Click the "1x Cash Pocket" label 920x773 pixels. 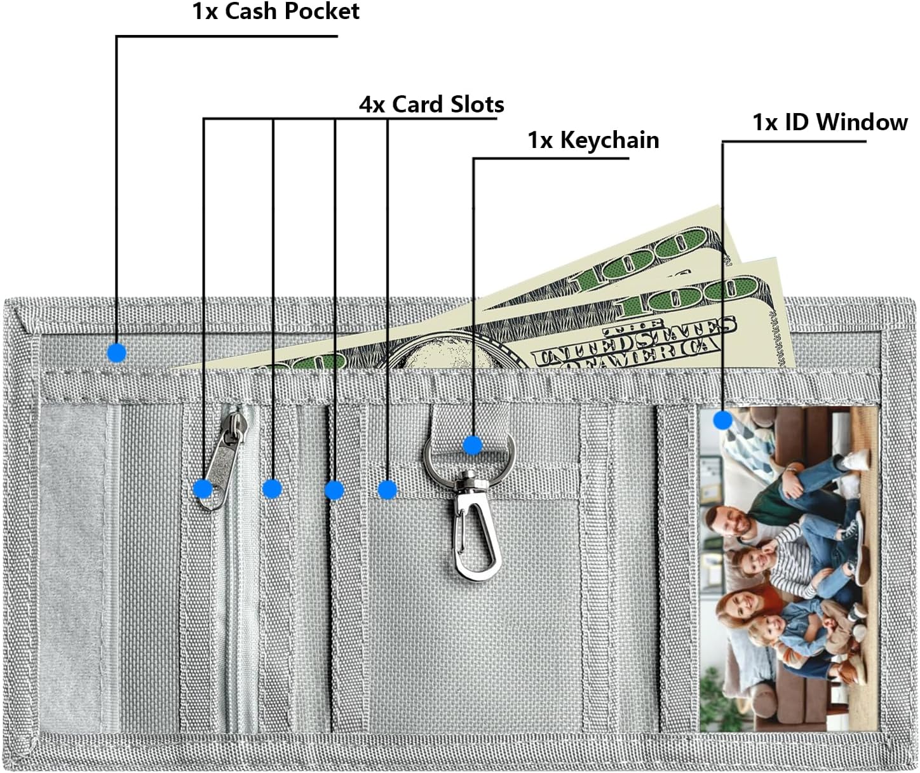276,11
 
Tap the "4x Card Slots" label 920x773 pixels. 431,104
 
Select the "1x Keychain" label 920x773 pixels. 593,140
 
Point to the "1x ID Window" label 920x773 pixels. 830,121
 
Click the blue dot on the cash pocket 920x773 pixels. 117,353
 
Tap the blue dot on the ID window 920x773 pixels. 722,420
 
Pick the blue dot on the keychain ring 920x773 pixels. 472,445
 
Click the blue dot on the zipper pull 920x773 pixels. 203,488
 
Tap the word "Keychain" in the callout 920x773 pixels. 609,140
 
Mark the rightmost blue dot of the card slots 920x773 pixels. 388,490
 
